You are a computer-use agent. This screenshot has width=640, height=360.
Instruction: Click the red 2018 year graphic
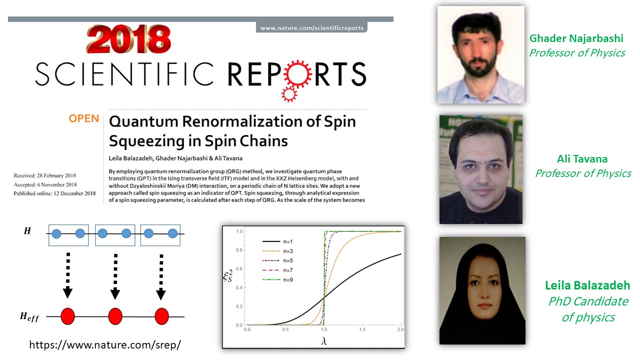click(x=128, y=39)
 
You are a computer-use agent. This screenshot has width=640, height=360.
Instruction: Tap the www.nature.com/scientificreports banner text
click(x=311, y=28)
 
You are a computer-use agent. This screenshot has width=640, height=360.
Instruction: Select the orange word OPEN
click(x=83, y=118)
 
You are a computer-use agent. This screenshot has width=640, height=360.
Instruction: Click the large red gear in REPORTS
click(x=298, y=73)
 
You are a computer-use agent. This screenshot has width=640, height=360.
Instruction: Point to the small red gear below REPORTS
click(x=289, y=94)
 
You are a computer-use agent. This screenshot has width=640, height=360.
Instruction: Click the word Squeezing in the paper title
click(x=147, y=141)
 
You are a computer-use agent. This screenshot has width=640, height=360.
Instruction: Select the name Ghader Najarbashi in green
click(x=576, y=38)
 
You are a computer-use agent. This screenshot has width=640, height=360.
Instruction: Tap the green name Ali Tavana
click(x=582, y=159)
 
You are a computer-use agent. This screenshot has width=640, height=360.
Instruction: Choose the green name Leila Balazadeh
click(x=587, y=285)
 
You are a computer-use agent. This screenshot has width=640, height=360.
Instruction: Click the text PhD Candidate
click(x=588, y=301)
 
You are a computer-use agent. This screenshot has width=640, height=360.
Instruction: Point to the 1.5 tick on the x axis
click(x=362, y=329)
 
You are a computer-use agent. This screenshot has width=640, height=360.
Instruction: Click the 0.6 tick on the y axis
click(x=239, y=269)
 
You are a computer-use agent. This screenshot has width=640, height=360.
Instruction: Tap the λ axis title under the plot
click(x=323, y=341)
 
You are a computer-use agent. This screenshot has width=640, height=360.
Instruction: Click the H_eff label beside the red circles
click(x=29, y=316)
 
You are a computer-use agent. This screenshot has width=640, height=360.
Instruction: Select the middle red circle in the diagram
click(x=115, y=316)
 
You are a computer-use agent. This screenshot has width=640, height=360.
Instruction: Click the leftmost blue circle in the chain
click(x=56, y=233)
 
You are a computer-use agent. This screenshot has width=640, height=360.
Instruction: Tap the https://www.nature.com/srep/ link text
click(x=105, y=345)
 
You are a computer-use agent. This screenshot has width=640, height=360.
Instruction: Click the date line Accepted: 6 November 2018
click(x=45, y=184)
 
